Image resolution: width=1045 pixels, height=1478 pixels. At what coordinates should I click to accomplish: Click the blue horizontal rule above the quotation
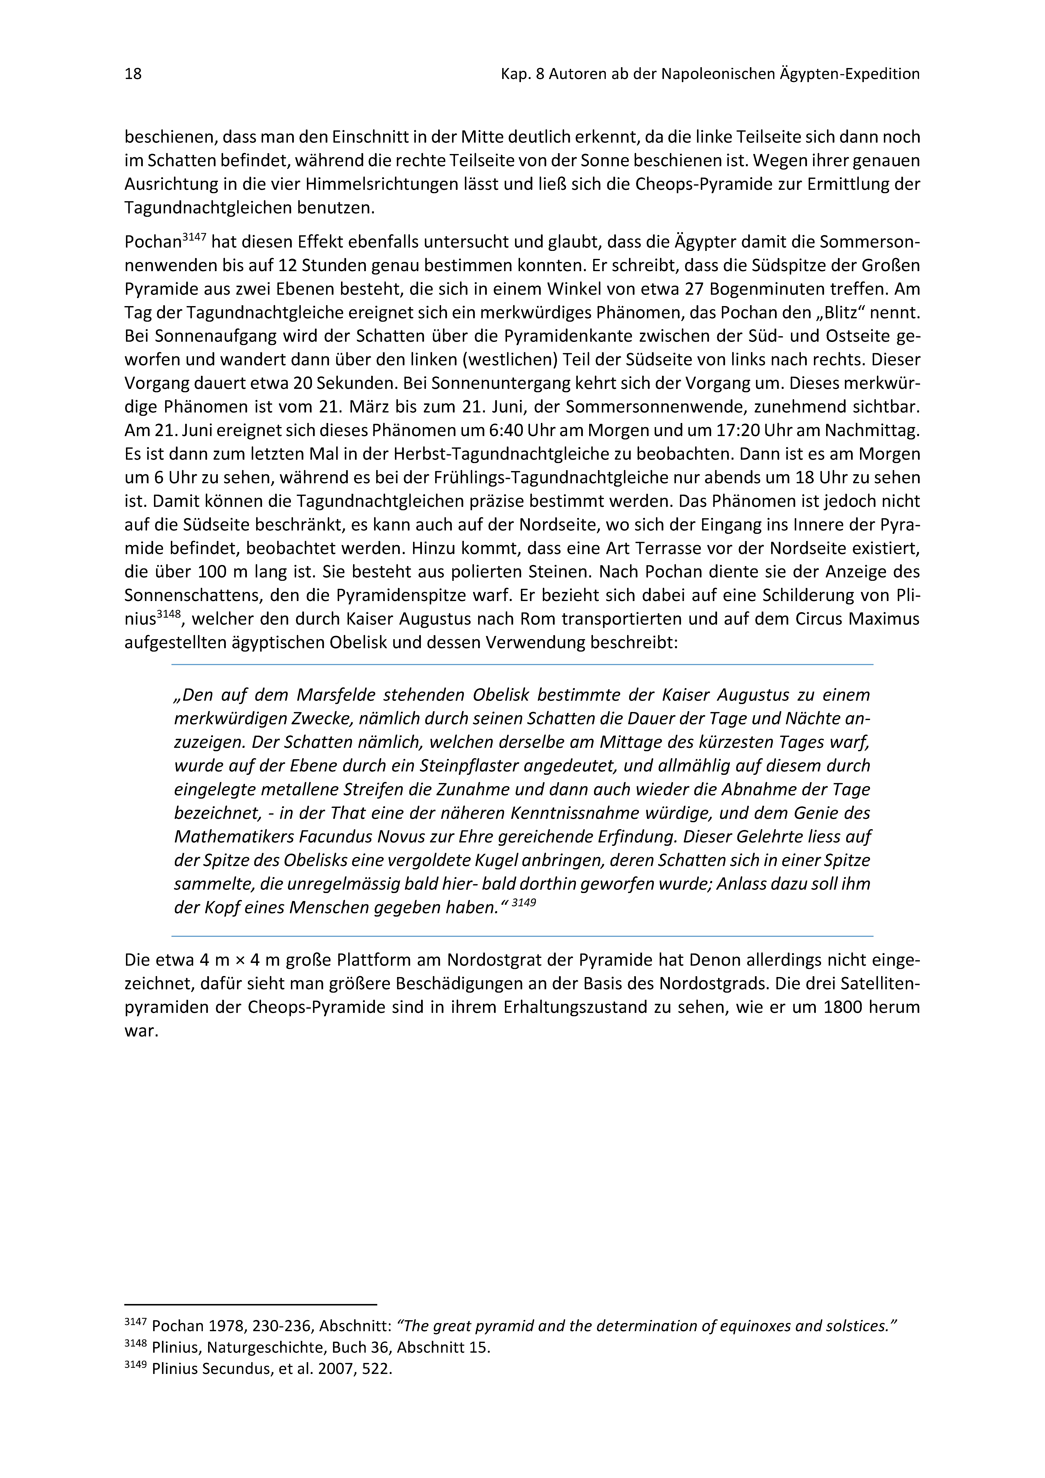522,664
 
